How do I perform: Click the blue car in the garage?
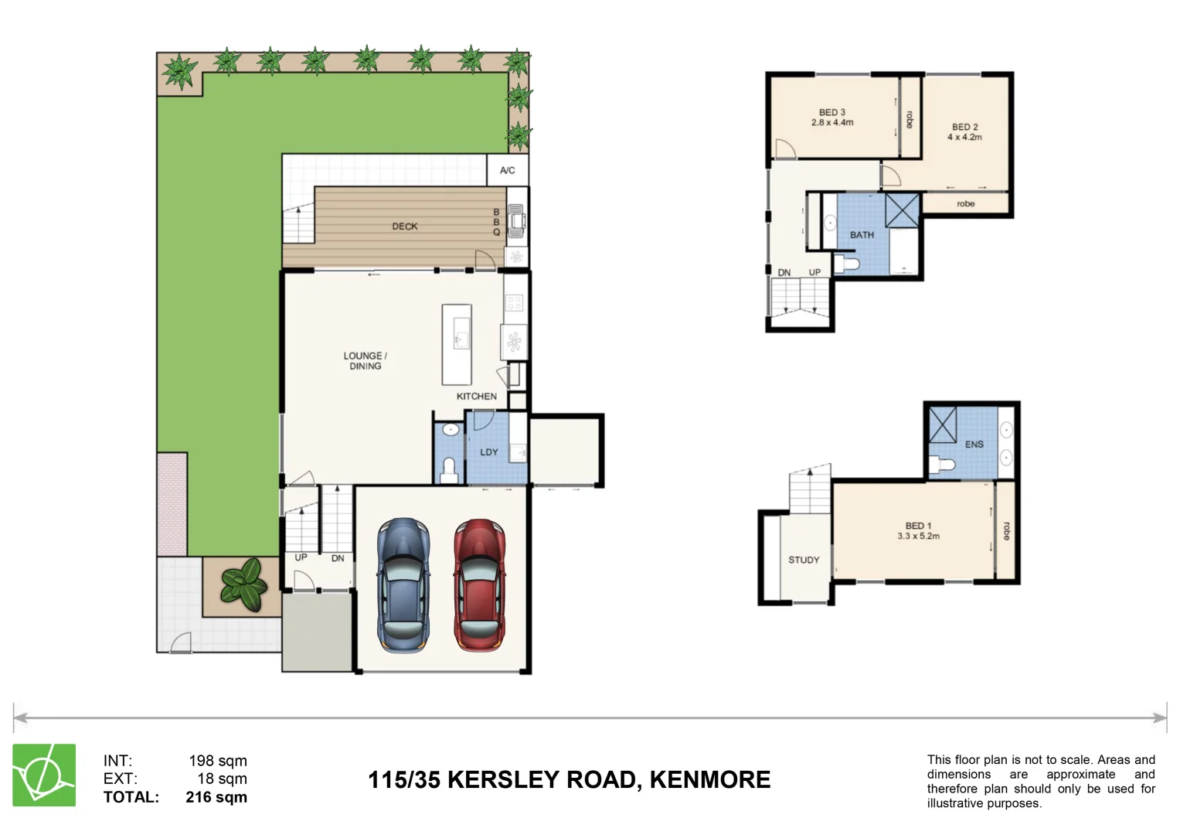(403, 585)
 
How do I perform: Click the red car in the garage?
(479, 585)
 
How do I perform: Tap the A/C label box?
(507, 170)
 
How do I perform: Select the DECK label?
(404, 227)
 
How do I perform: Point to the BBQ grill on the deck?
(517, 222)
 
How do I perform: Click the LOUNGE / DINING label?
(365, 361)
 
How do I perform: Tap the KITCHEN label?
(476, 396)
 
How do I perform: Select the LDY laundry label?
(488, 452)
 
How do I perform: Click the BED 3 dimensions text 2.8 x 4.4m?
(832, 123)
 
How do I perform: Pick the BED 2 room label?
(964, 127)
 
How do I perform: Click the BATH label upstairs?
(862, 235)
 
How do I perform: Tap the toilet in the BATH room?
(850, 265)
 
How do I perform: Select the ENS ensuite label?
(974, 445)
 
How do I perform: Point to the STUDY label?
(804, 560)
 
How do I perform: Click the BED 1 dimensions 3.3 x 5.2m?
(918, 537)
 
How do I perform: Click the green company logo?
(44, 775)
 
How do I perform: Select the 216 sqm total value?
(216, 797)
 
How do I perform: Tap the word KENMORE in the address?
(709, 779)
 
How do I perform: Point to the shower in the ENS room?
(942, 424)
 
